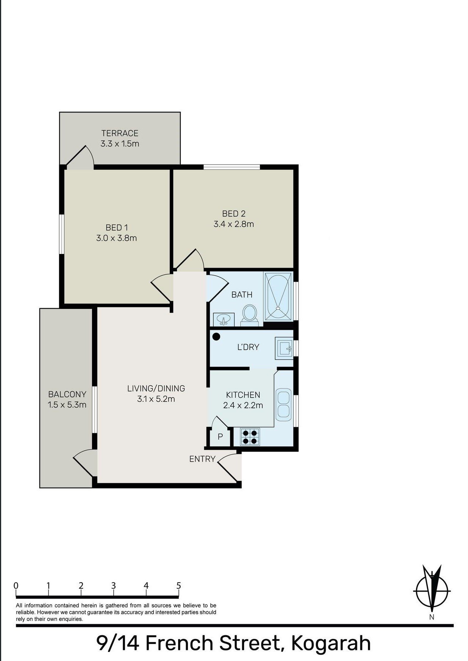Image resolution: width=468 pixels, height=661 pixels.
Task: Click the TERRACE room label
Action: (120, 133)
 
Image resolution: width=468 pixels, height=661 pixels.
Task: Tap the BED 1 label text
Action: (117, 228)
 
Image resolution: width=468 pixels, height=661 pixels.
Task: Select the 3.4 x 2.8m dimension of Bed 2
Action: (234, 224)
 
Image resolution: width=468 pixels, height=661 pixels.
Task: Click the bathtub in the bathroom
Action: (279, 297)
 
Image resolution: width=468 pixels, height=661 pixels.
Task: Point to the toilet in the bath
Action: (249, 316)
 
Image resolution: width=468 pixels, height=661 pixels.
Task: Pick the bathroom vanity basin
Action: (224, 320)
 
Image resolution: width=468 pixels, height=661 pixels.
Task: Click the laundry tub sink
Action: (285, 348)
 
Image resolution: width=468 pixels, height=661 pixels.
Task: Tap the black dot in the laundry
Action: (216, 336)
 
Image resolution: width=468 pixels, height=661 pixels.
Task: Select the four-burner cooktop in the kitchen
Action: (250, 437)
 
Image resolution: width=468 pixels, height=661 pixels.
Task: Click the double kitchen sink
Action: (283, 404)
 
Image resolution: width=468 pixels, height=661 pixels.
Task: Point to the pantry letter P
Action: (220, 437)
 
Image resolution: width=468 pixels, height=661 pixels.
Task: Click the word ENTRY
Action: (202, 459)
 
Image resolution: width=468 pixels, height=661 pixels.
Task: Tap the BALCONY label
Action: (67, 395)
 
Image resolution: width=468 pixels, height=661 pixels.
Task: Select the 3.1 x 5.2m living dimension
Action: (156, 399)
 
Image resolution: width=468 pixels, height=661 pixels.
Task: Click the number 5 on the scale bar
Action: (178, 586)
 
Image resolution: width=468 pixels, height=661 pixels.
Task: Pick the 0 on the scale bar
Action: (16, 586)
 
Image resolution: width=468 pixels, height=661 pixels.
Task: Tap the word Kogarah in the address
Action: (331, 643)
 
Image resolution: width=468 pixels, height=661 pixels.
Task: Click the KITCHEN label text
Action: (243, 395)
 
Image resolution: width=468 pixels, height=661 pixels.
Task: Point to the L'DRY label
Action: (248, 347)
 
